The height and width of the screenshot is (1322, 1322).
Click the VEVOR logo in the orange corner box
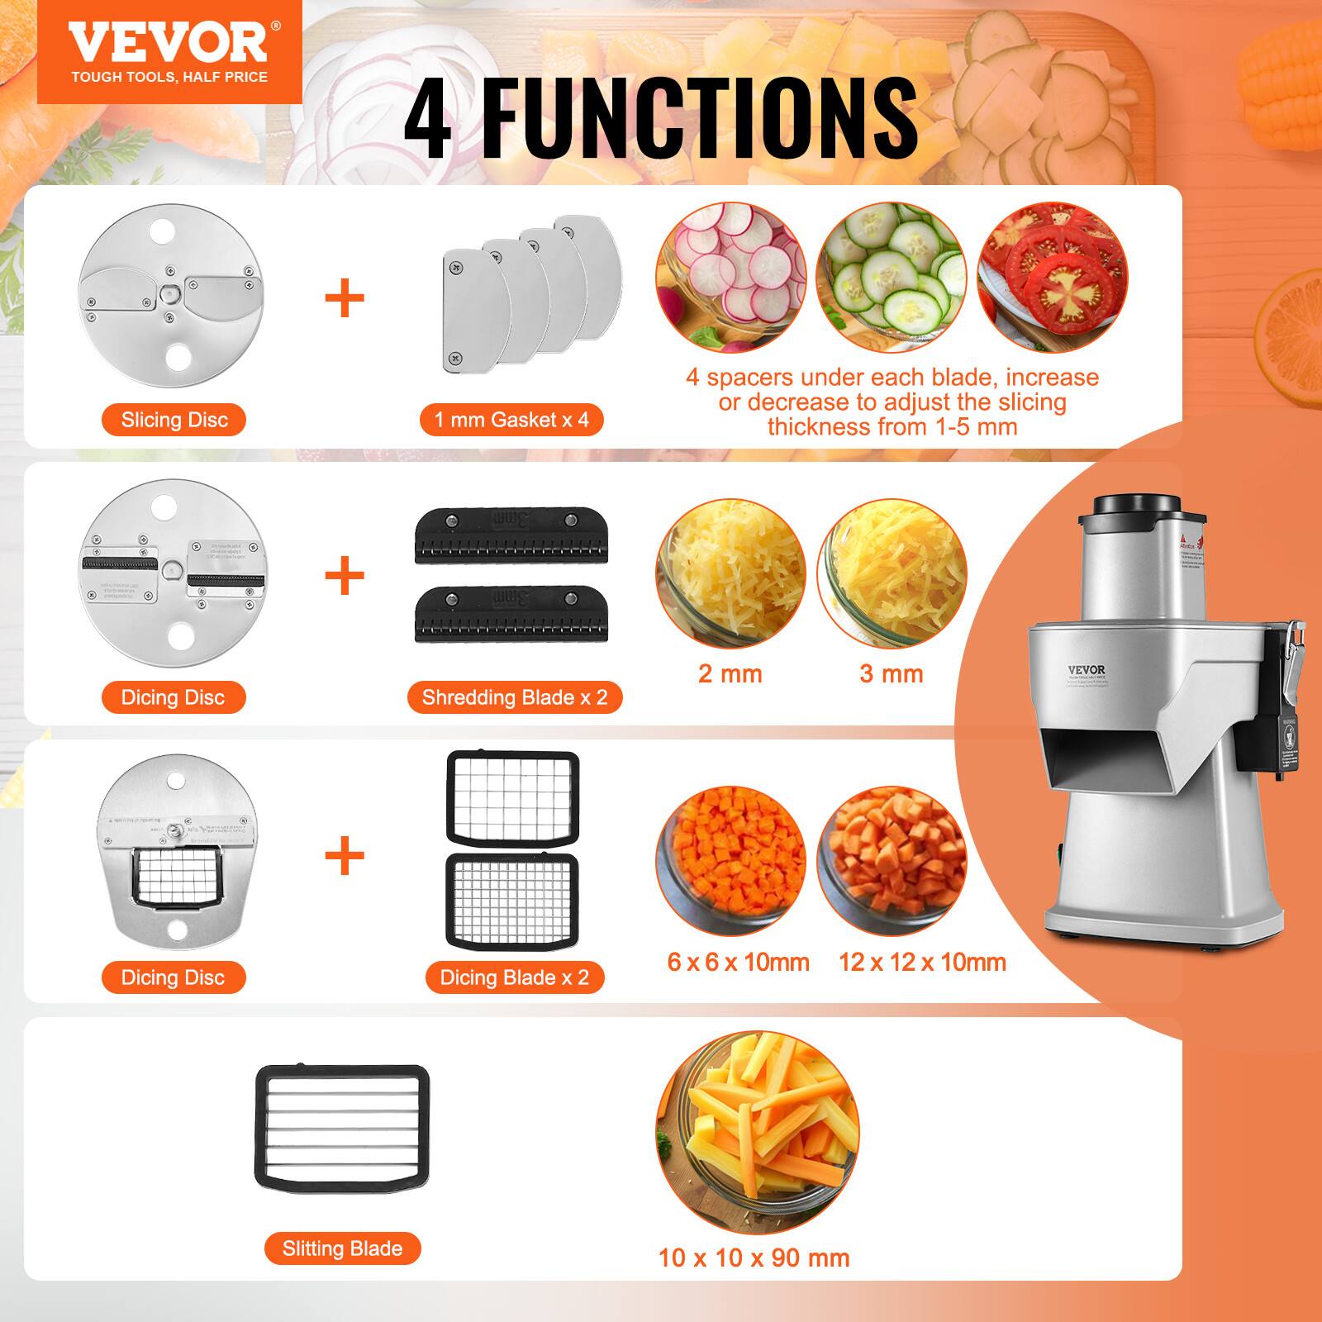(169, 43)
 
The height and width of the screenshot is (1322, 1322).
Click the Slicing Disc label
(174, 420)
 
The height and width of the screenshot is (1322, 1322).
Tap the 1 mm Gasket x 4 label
(511, 420)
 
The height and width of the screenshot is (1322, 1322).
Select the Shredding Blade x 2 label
(515, 697)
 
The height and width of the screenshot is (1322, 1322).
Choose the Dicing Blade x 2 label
(514, 977)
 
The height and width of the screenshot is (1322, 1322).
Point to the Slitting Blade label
(342, 1248)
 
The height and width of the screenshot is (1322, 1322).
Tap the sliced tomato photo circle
(1053, 278)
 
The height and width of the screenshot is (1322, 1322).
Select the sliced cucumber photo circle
(891, 278)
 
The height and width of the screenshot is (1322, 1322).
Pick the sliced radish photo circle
(730, 278)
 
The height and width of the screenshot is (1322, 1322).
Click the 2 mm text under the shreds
(730, 673)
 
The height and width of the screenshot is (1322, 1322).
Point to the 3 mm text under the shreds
(891, 673)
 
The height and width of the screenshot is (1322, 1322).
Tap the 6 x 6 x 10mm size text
(738, 962)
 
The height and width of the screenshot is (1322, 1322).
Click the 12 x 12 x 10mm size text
(922, 962)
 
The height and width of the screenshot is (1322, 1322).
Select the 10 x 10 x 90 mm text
(754, 1258)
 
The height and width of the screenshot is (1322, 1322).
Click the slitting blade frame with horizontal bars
(342, 1124)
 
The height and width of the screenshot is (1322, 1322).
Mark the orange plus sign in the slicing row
(345, 298)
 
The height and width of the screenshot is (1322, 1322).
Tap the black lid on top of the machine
(1137, 505)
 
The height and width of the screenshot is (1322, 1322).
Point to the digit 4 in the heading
(429, 118)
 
